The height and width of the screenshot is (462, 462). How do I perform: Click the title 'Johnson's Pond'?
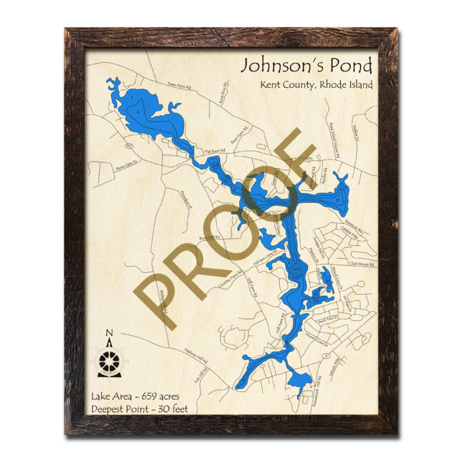pos(307,65)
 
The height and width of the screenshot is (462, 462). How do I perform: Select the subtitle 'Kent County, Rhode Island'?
pos(316,85)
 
